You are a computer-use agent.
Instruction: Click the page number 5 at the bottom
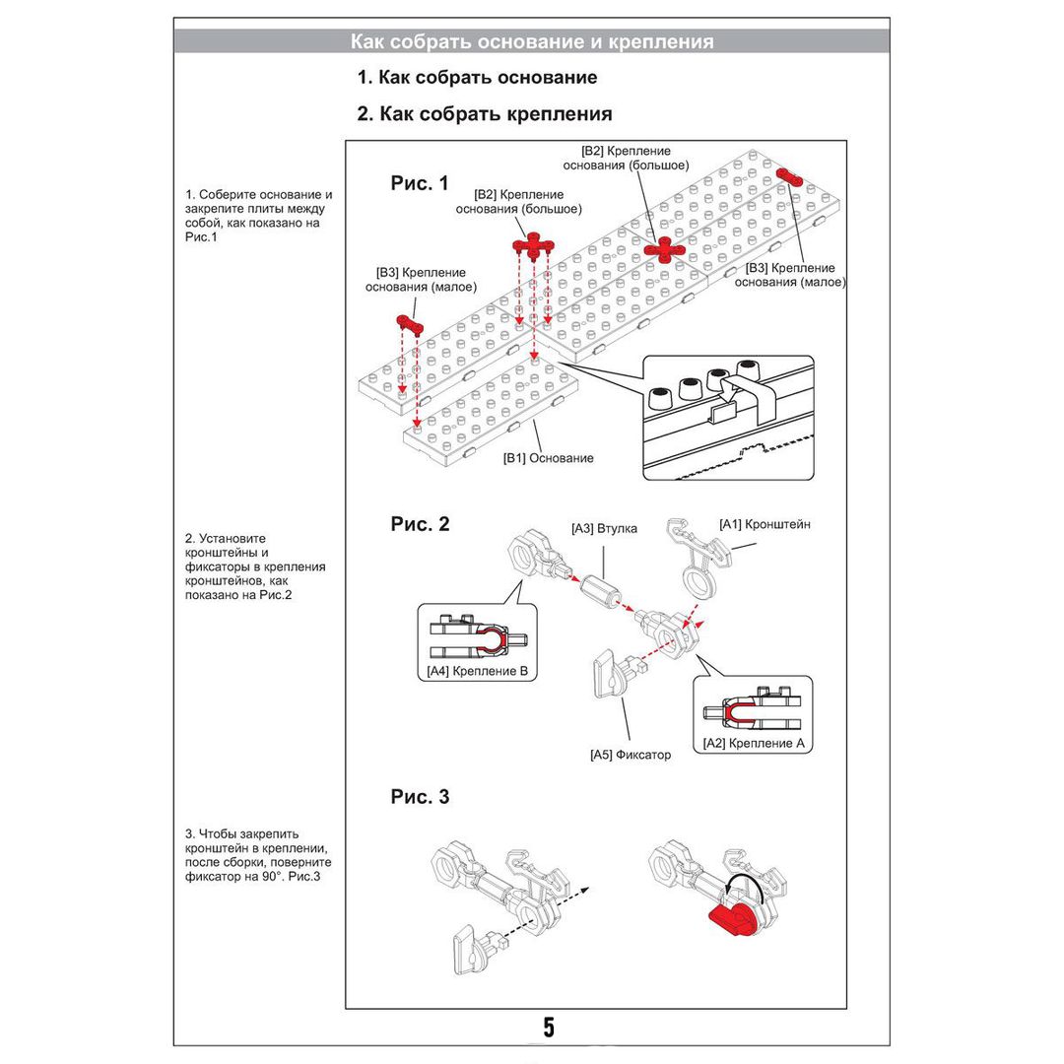pyautogui.click(x=548, y=1028)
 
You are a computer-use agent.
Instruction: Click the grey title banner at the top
pyautogui.click(x=532, y=41)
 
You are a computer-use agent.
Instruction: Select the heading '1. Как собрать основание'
pyautogui.click(x=477, y=77)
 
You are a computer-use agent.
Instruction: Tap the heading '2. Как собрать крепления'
pyautogui.click(x=484, y=114)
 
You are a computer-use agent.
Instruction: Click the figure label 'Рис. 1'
pyautogui.click(x=420, y=183)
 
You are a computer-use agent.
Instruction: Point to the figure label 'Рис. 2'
pyautogui.click(x=420, y=524)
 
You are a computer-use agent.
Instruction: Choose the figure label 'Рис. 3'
pyautogui.click(x=420, y=797)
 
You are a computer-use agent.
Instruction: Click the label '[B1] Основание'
pyautogui.click(x=548, y=458)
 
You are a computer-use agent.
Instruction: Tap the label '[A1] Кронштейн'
pyautogui.click(x=765, y=524)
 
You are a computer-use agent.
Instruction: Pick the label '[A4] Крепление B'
pyautogui.click(x=478, y=672)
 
